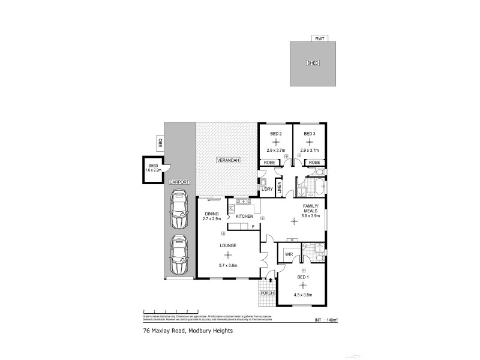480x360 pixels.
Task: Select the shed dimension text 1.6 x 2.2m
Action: (x=154, y=171)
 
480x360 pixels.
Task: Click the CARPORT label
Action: (x=179, y=181)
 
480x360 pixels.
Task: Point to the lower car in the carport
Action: (x=179, y=254)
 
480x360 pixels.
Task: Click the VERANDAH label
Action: (x=228, y=161)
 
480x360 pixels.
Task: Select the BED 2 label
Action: (x=275, y=133)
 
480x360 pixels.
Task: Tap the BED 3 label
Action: (x=310, y=133)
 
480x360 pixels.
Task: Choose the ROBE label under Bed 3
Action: (x=314, y=162)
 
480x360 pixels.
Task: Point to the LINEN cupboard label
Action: (x=279, y=187)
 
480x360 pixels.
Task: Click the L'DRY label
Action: (x=267, y=190)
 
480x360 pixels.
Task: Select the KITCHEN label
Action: (x=244, y=215)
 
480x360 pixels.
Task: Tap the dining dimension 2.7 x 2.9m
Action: (x=212, y=219)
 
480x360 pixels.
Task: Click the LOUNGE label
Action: (x=227, y=245)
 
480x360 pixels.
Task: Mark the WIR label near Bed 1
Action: (x=288, y=254)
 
